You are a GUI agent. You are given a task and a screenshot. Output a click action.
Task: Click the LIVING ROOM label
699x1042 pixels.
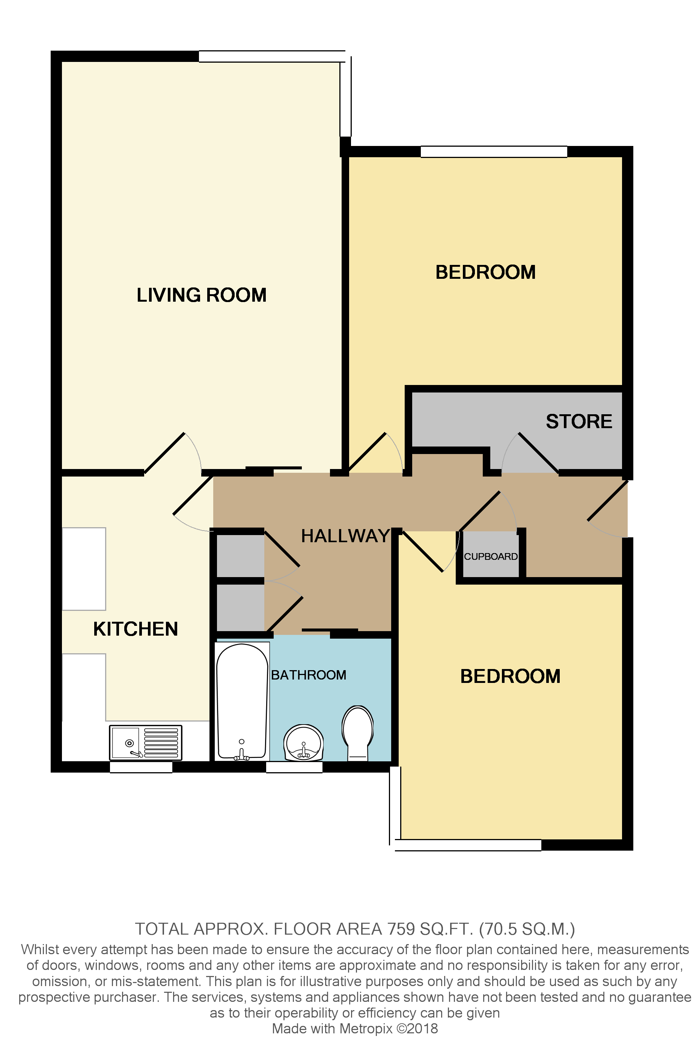point(202,295)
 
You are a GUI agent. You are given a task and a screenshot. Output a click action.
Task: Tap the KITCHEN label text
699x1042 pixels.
point(136,629)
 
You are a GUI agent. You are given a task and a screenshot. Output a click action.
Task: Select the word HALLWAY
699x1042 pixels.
point(345,536)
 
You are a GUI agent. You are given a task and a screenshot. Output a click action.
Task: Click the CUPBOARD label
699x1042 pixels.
point(491,556)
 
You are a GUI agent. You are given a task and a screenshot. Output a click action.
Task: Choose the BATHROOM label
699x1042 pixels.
point(309,675)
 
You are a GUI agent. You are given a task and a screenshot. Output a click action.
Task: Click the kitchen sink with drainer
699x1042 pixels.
point(145,743)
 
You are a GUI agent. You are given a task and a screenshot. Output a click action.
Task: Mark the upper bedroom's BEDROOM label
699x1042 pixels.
point(485,272)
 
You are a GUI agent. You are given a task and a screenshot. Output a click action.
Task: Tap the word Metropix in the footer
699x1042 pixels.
point(366,1028)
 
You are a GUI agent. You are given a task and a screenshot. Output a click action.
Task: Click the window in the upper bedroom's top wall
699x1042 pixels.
point(494,152)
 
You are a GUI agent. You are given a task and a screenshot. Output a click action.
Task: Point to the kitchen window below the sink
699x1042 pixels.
point(141,767)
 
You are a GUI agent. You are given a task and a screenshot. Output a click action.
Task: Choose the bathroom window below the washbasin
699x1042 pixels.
point(294,767)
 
